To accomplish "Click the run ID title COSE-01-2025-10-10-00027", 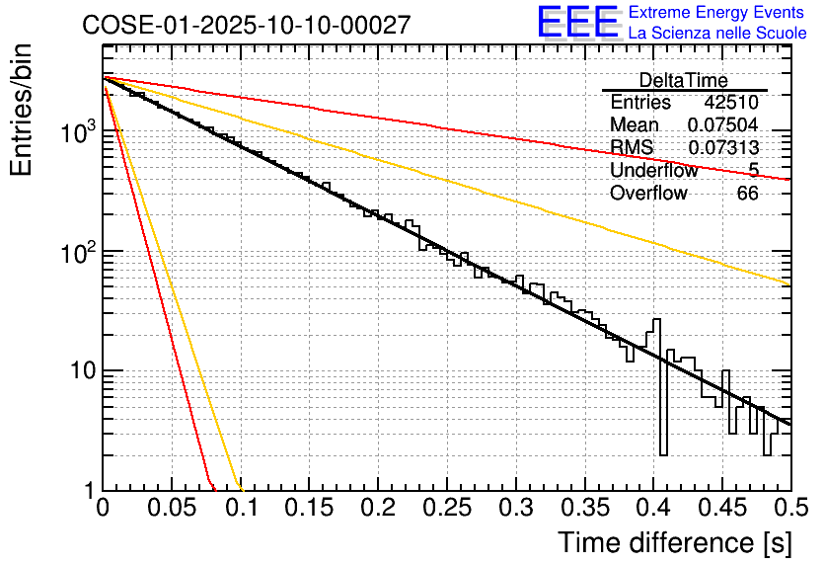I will pyautogui.click(x=246, y=25).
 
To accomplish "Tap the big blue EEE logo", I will pyautogui.click(x=577, y=23).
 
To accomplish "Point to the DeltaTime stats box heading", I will pyautogui.click(x=683, y=80).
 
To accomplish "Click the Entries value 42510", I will pyautogui.click(x=731, y=103).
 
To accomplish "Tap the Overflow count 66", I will pyautogui.click(x=747, y=194).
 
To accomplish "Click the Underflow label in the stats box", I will pyautogui.click(x=653, y=171).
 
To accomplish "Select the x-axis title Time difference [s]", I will pyautogui.click(x=673, y=543).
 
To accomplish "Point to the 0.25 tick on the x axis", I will pyautogui.click(x=447, y=510).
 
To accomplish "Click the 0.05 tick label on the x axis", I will pyautogui.click(x=172, y=510).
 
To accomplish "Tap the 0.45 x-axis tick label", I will pyautogui.click(x=721, y=510).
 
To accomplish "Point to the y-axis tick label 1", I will pyautogui.click(x=87, y=491).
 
